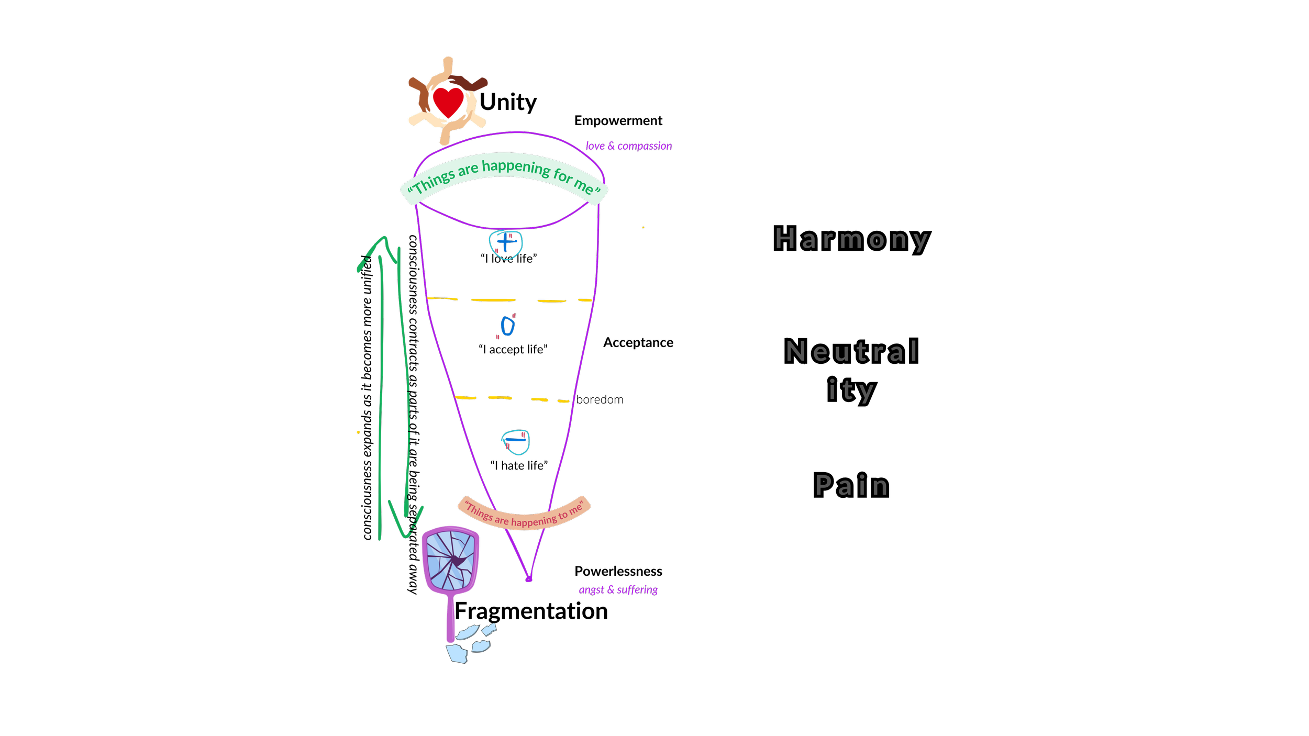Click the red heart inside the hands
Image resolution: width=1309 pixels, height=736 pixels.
pyautogui.click(x=448, y=102)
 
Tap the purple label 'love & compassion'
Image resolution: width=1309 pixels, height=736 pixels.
pyautogui.click(x=628, y=146)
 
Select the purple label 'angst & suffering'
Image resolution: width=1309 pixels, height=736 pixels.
pyautogui.click(x=618, y=590)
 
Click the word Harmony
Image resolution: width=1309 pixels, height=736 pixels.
pyautogui.click(x=852, y=239)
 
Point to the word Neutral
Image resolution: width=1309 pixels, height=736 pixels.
pyautogui.click(x=852, y=351)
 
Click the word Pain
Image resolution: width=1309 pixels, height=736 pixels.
pyautogui.click(x=852, y=485)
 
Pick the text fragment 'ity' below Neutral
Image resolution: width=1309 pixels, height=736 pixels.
pyautogui.click(x=851, y=390)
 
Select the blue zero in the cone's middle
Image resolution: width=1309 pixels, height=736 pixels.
pyautogui.click(x=507, y=326)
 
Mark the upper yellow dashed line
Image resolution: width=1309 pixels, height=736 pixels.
pyautogui.click(x=509, y=300)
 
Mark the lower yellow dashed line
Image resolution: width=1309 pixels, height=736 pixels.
pyautogui.click(x=512, y=399)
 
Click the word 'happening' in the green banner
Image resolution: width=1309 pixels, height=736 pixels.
pyautogui.click(x=516, y=168)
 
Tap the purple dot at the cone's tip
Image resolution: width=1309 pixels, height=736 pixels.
pyautogui.click(x=528, y=579)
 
